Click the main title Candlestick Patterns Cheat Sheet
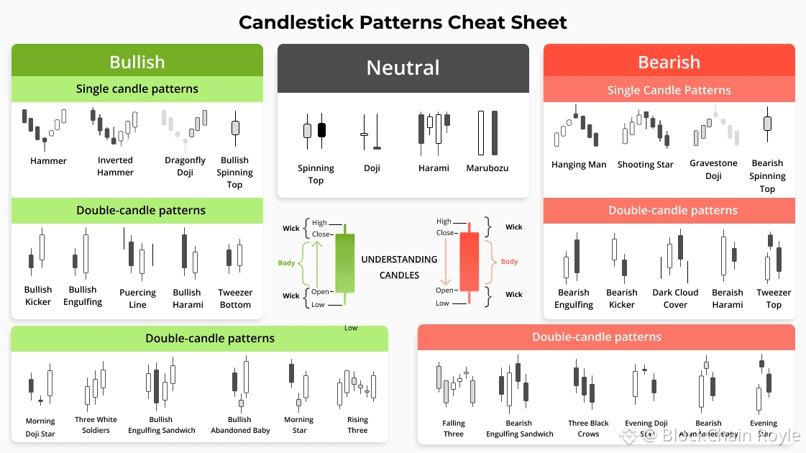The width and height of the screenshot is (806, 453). coord(403,22)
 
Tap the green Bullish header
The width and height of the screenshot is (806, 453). coord(137,62)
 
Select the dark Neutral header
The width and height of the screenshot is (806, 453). coord(403,68)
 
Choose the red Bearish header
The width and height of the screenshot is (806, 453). coord(669,63)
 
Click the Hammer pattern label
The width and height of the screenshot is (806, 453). coord(48,161)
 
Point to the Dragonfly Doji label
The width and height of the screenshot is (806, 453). coord(185,166)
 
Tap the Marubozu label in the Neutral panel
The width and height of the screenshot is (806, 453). coord(487,168)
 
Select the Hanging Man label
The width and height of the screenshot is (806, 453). coord(579,165)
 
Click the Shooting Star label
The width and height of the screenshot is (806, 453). coord(645,165)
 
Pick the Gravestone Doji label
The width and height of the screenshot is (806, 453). coord(713,170)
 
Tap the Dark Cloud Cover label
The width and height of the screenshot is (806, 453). coord(675,298)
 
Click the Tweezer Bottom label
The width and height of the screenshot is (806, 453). coord(235,298)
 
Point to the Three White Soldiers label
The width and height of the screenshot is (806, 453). coord(96,425)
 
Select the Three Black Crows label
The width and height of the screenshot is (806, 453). coord(588,429)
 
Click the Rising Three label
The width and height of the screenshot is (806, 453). coord(357,425)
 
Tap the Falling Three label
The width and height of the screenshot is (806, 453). coord(453,429)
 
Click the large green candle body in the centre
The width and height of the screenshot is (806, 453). coord(344,262)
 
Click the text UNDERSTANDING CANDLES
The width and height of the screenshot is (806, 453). coord(399,267)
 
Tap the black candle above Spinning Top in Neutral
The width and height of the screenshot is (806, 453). coord(321,130)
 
